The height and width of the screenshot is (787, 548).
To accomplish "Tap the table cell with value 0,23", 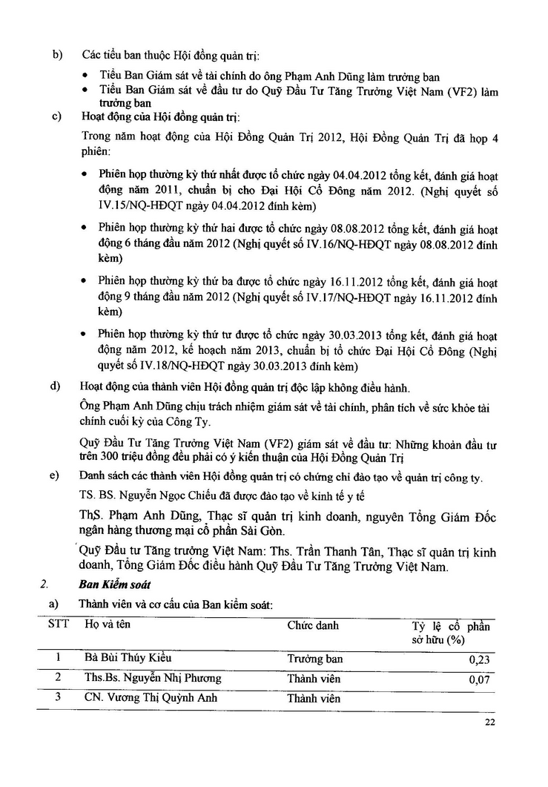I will click(x=481, y=659).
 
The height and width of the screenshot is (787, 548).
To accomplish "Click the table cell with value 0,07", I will click(x=481, y=679).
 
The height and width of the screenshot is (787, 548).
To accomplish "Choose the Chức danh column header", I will click(x=313, y=625).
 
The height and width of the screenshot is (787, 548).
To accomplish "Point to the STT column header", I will click(x=59, y=624).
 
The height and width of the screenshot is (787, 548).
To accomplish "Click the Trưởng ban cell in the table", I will click(x=314, y=659).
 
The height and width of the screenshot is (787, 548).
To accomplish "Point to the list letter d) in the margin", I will click(x=56, y=386).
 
